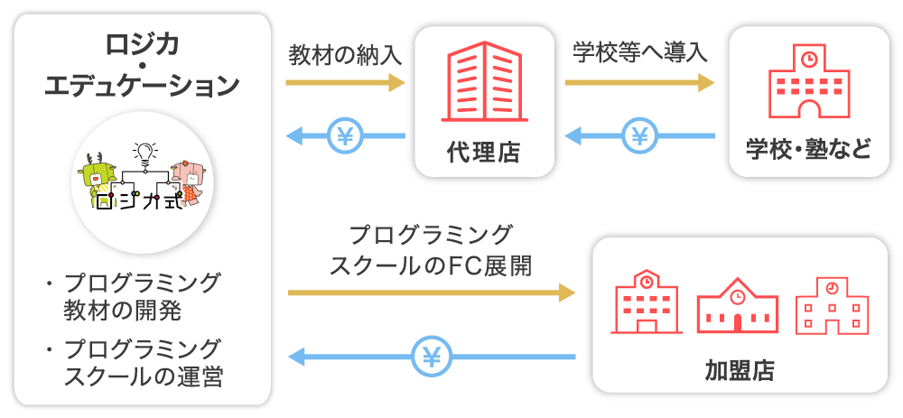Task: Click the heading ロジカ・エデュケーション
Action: pos(142,64)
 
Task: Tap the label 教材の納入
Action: pos(345,55)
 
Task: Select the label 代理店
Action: pos(484,151)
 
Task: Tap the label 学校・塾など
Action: pos(808,147)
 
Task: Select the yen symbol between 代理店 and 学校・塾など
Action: pos(640,137)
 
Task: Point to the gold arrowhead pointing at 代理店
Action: pos(396,83)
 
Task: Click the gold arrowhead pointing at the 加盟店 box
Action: pos(566,293)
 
